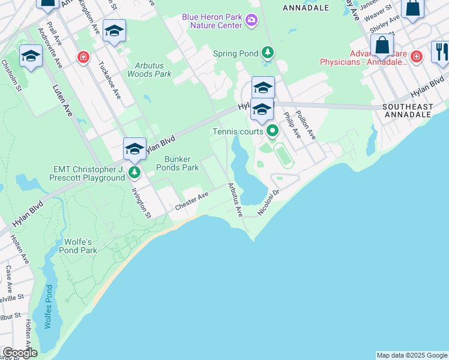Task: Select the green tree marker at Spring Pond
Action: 268,53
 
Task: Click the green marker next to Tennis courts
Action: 273,130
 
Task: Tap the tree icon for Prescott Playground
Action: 134,173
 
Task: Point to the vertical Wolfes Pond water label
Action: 49,307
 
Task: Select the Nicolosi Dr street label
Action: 269,202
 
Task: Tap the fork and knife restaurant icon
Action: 440,52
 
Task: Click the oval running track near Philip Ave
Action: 283,155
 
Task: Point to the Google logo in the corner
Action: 20,353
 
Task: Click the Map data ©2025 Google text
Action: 412,355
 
